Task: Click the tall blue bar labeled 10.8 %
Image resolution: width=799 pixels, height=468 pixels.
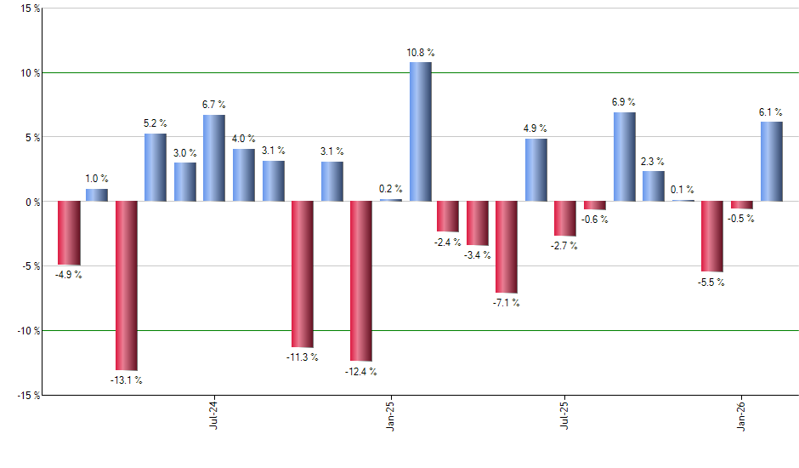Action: click(421, 132)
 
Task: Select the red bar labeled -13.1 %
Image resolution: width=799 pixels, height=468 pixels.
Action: click(127, 286)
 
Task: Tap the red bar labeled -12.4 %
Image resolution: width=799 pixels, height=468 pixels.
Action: click(361, 281)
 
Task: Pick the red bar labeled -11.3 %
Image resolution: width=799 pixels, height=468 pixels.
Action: click(303, 274)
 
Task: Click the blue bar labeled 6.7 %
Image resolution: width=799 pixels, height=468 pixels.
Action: click(214, 158)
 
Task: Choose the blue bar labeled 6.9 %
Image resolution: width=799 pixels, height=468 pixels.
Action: click(625, 157)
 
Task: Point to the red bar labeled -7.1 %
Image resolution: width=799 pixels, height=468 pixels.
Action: click(507, 247)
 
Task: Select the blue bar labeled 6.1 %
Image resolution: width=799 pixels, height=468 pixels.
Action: click(771, 162)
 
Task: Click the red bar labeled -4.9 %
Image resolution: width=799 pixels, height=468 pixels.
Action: click(69, 233)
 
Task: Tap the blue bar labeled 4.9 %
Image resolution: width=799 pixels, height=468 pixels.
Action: click(536, 170)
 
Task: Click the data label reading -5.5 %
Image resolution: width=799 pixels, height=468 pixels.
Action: click(711, 283)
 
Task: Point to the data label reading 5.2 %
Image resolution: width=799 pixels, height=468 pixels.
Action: click(155, 123)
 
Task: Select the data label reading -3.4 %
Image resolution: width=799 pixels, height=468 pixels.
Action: click(478, 255)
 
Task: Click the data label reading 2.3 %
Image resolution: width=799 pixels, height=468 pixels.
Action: click(654, 162)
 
